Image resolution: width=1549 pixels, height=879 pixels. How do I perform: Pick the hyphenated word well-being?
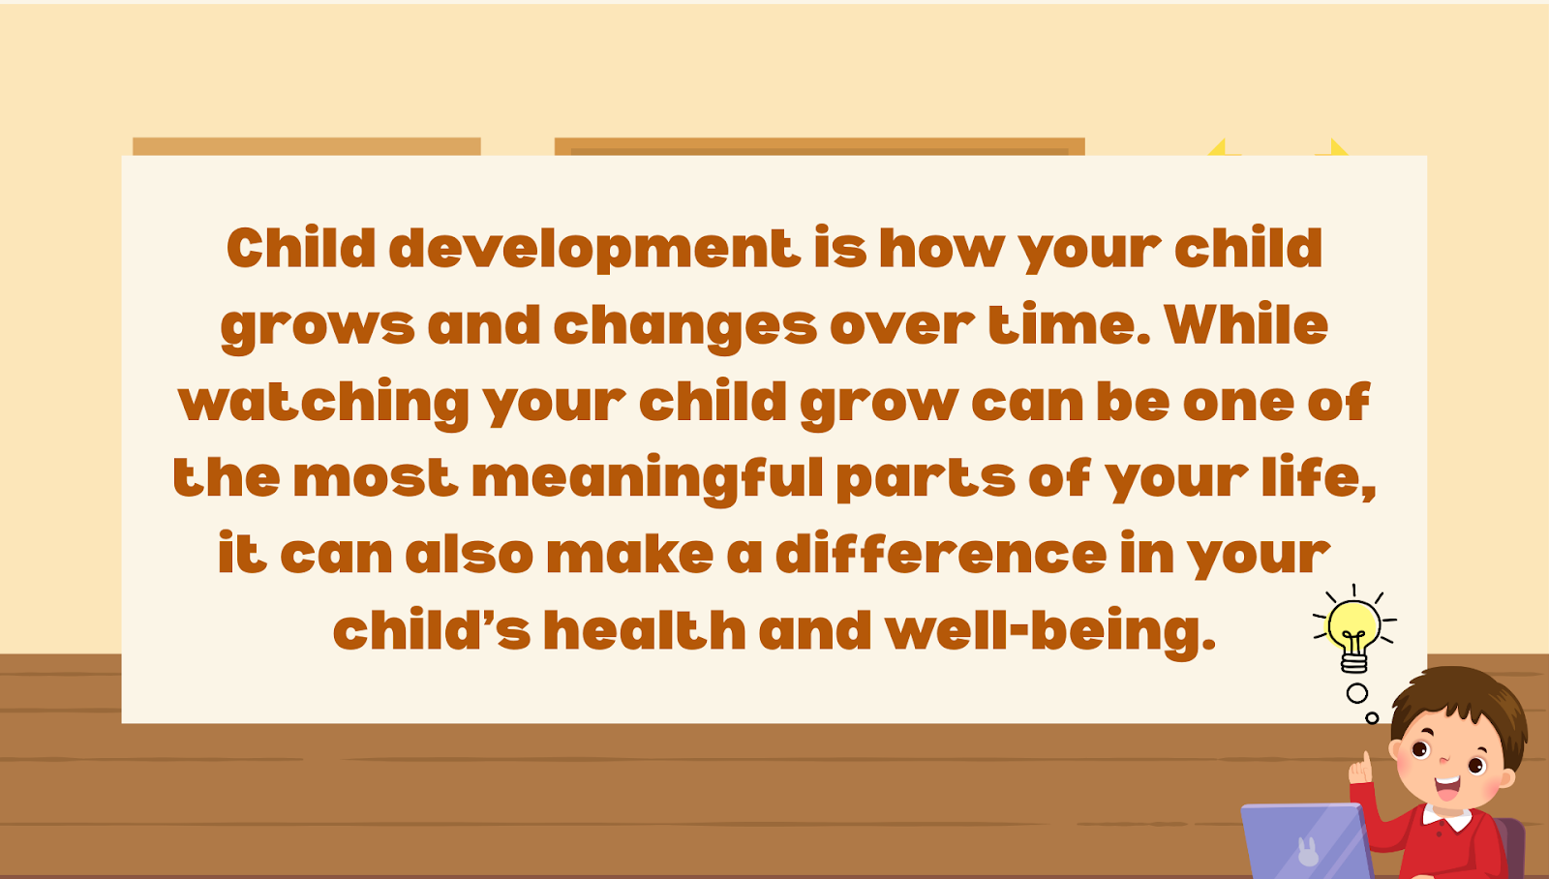click(1049, 632)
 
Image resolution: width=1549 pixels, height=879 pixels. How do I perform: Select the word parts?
click(926, 479)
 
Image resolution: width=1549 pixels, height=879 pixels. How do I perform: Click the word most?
click(376, 477)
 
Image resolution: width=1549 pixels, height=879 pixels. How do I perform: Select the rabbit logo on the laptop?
click(1308, 851)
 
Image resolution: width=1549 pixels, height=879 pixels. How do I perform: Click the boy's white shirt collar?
click(1447, 818)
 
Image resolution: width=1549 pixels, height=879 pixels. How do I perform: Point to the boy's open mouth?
click(1446, 787)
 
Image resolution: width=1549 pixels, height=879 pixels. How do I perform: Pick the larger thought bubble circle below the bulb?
click(1356, 693)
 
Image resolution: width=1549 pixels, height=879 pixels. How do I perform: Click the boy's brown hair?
click(1466, 699)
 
